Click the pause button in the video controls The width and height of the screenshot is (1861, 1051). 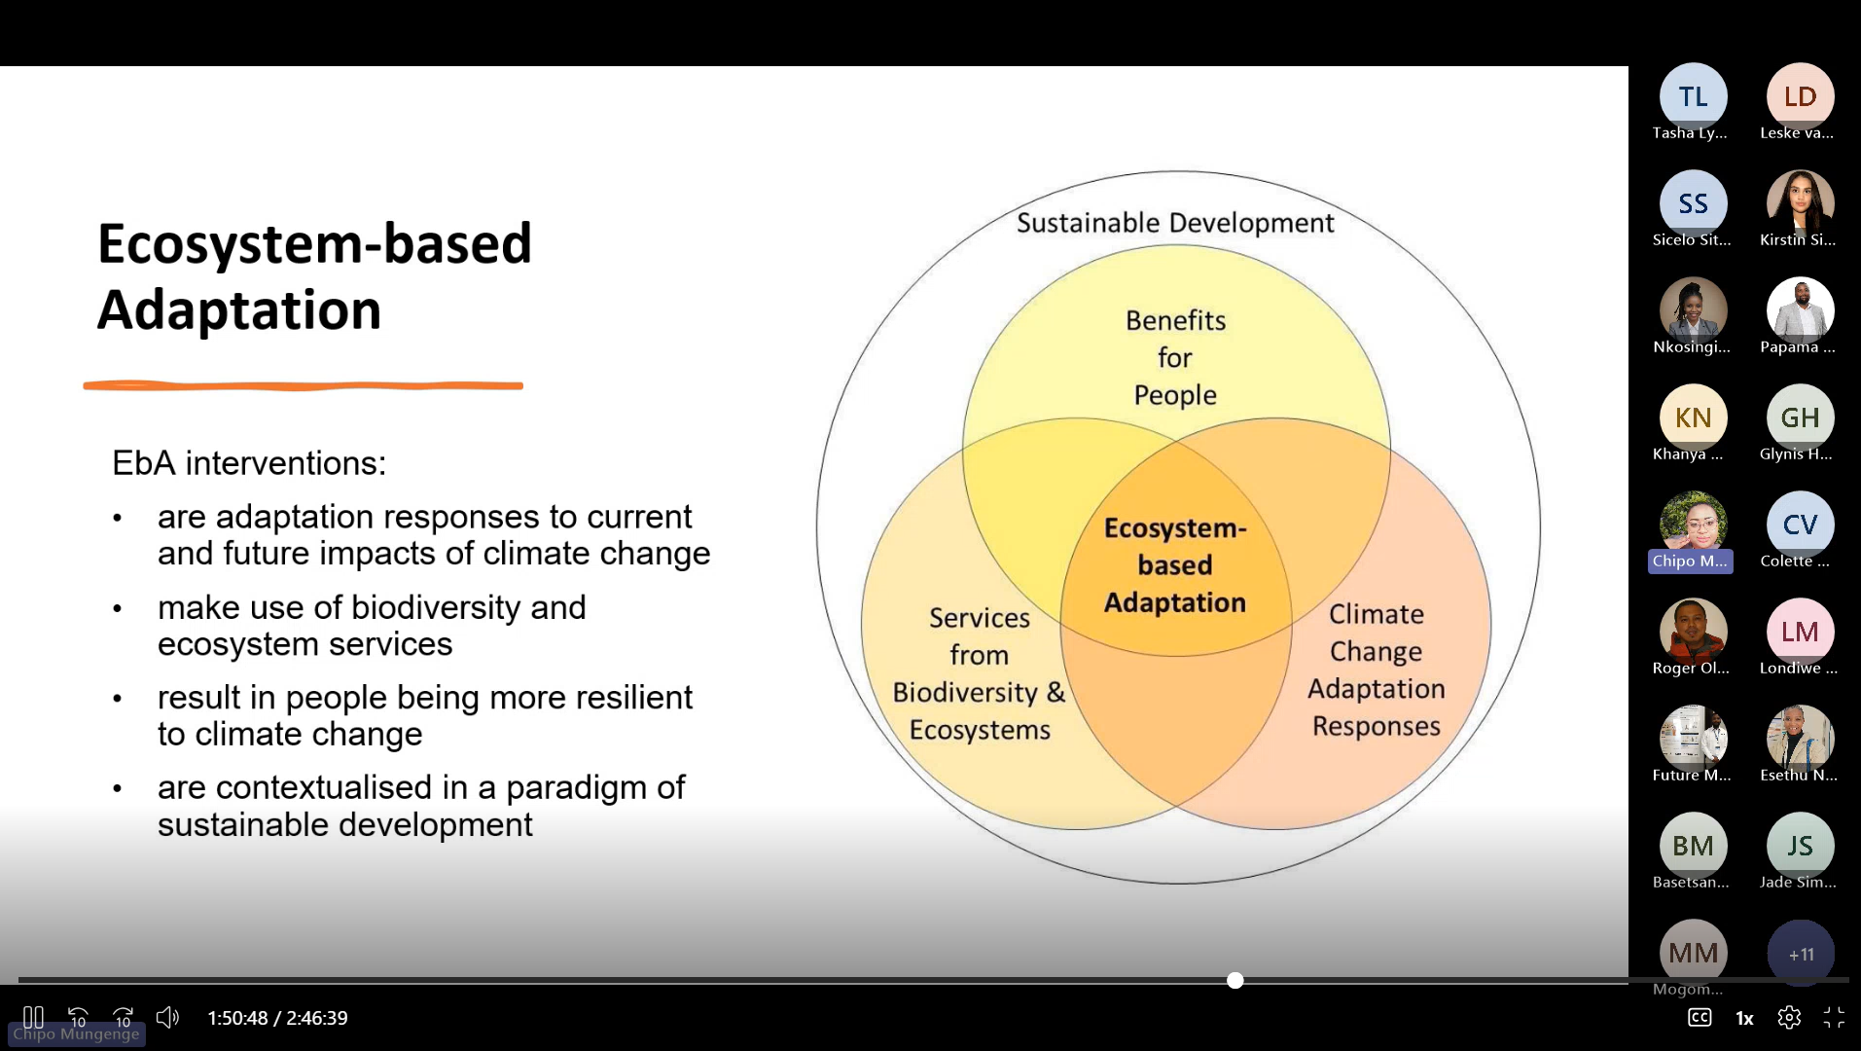[33, 1018]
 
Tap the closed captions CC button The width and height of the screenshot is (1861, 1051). [1700, 1018]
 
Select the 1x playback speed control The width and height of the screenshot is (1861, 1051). [1744, 1019]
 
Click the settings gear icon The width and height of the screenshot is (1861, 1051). [1789, 1018]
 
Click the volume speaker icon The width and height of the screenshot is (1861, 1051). [167, 1018]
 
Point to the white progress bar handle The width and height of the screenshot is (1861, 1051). [1235, 980]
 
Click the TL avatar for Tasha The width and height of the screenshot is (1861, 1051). [1694, 96]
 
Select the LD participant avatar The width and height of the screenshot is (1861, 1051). [1801, 96]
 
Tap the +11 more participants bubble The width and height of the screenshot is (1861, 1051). [1801, 954]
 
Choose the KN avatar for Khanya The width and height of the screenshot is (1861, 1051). [1694, 417]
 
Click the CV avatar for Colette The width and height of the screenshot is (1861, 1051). [1801, 525]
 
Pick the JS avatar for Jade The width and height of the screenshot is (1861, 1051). [1801, 846]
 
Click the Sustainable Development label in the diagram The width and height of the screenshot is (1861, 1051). [1175, 223]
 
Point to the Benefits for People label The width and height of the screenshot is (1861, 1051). [1175, 357]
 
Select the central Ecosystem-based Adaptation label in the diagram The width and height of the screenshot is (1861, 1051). [1175, 565]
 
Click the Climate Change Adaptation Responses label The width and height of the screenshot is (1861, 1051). [1377, 670]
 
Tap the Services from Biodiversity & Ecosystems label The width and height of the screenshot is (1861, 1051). [980, 673]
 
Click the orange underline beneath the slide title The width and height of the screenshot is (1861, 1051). [304, 385]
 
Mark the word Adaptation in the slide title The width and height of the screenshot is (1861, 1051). [239, 309]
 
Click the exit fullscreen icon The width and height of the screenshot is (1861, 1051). [1834, 1018]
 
